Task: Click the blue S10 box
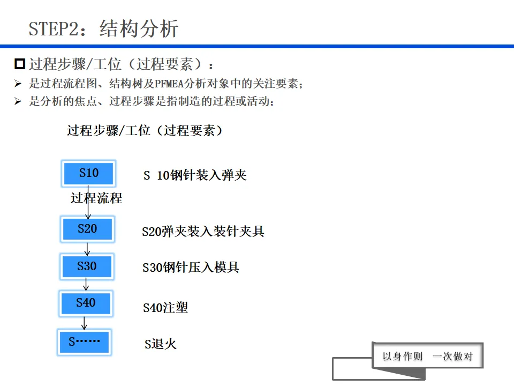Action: pyautogui.click(x=89, y=173)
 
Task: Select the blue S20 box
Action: pyautogui.click(x=87, y=229)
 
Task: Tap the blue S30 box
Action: pyautogui.click(x=87, y=266)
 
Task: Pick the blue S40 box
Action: pyautogui.click(x=86, y=303)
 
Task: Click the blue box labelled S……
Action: pyautogui.click(x=84, y=342)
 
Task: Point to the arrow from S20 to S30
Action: pyautogui.click(x=87, y=248)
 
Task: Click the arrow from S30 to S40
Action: pyautogui.click(x=86, y=285)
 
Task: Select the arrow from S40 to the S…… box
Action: pyautogui.click(x=84, y=323)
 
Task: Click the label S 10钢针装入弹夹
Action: pyautogui.click(x=195, y=175)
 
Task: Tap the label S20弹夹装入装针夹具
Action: pyautogui.click(x=203, y=232)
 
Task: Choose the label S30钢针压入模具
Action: pyautogui.click(x=191, y=268)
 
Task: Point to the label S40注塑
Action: pyautogui.click(x=165, y=308)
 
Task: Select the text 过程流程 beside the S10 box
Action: pyautogui.click(x=96, y=198)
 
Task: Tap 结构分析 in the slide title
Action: pyautogui.click(x=139, y=28)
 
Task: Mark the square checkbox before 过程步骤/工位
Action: pyautogui.click(x=20, y=65)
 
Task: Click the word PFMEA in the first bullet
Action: pyautogui.click(x=170, y=84)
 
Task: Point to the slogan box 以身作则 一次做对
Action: pyautogui.click(x=427, y=356)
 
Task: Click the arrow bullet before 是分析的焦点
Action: pyautogui.click(x=18, y=101)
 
